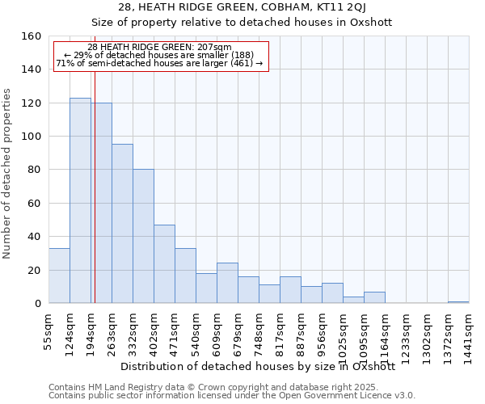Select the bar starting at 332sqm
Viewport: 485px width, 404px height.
(x=143, y=236)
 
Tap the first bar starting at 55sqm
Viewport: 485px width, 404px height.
(x=59, y=276)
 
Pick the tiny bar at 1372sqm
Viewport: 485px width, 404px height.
(x=458, y=302)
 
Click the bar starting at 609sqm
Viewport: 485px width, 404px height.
(x=227, y=283)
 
